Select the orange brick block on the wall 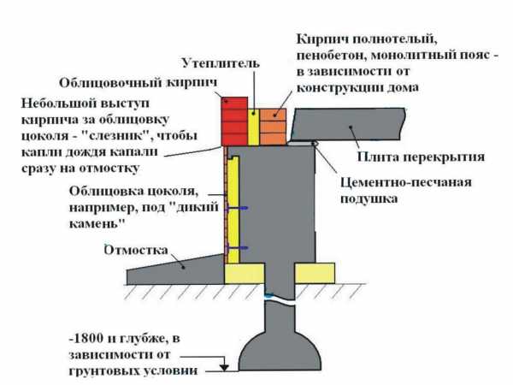point(274,127)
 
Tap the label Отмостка point(136,250)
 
